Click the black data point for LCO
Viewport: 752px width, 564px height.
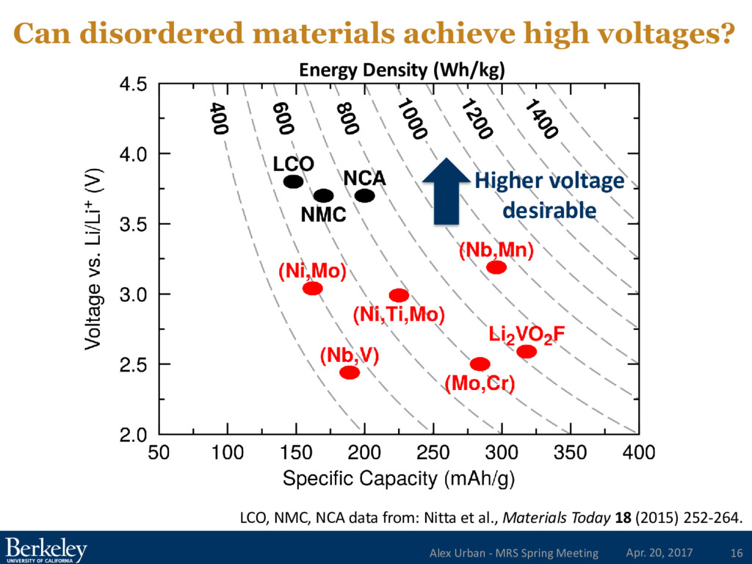294,181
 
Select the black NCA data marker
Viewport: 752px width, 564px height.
365,195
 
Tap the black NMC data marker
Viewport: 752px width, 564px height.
323,195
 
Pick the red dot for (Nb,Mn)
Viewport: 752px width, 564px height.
496,267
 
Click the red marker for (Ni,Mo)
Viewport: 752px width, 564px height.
312,288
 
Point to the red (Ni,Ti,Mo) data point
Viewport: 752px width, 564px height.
399,295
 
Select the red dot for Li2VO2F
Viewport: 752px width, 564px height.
527,351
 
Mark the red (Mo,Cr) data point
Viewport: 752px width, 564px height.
480,364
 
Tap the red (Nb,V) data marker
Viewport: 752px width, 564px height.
350,372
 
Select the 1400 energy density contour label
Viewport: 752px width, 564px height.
541,119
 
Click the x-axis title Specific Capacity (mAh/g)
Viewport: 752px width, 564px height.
398,480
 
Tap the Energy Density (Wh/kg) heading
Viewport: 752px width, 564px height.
402,70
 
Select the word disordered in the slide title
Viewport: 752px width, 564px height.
155,32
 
